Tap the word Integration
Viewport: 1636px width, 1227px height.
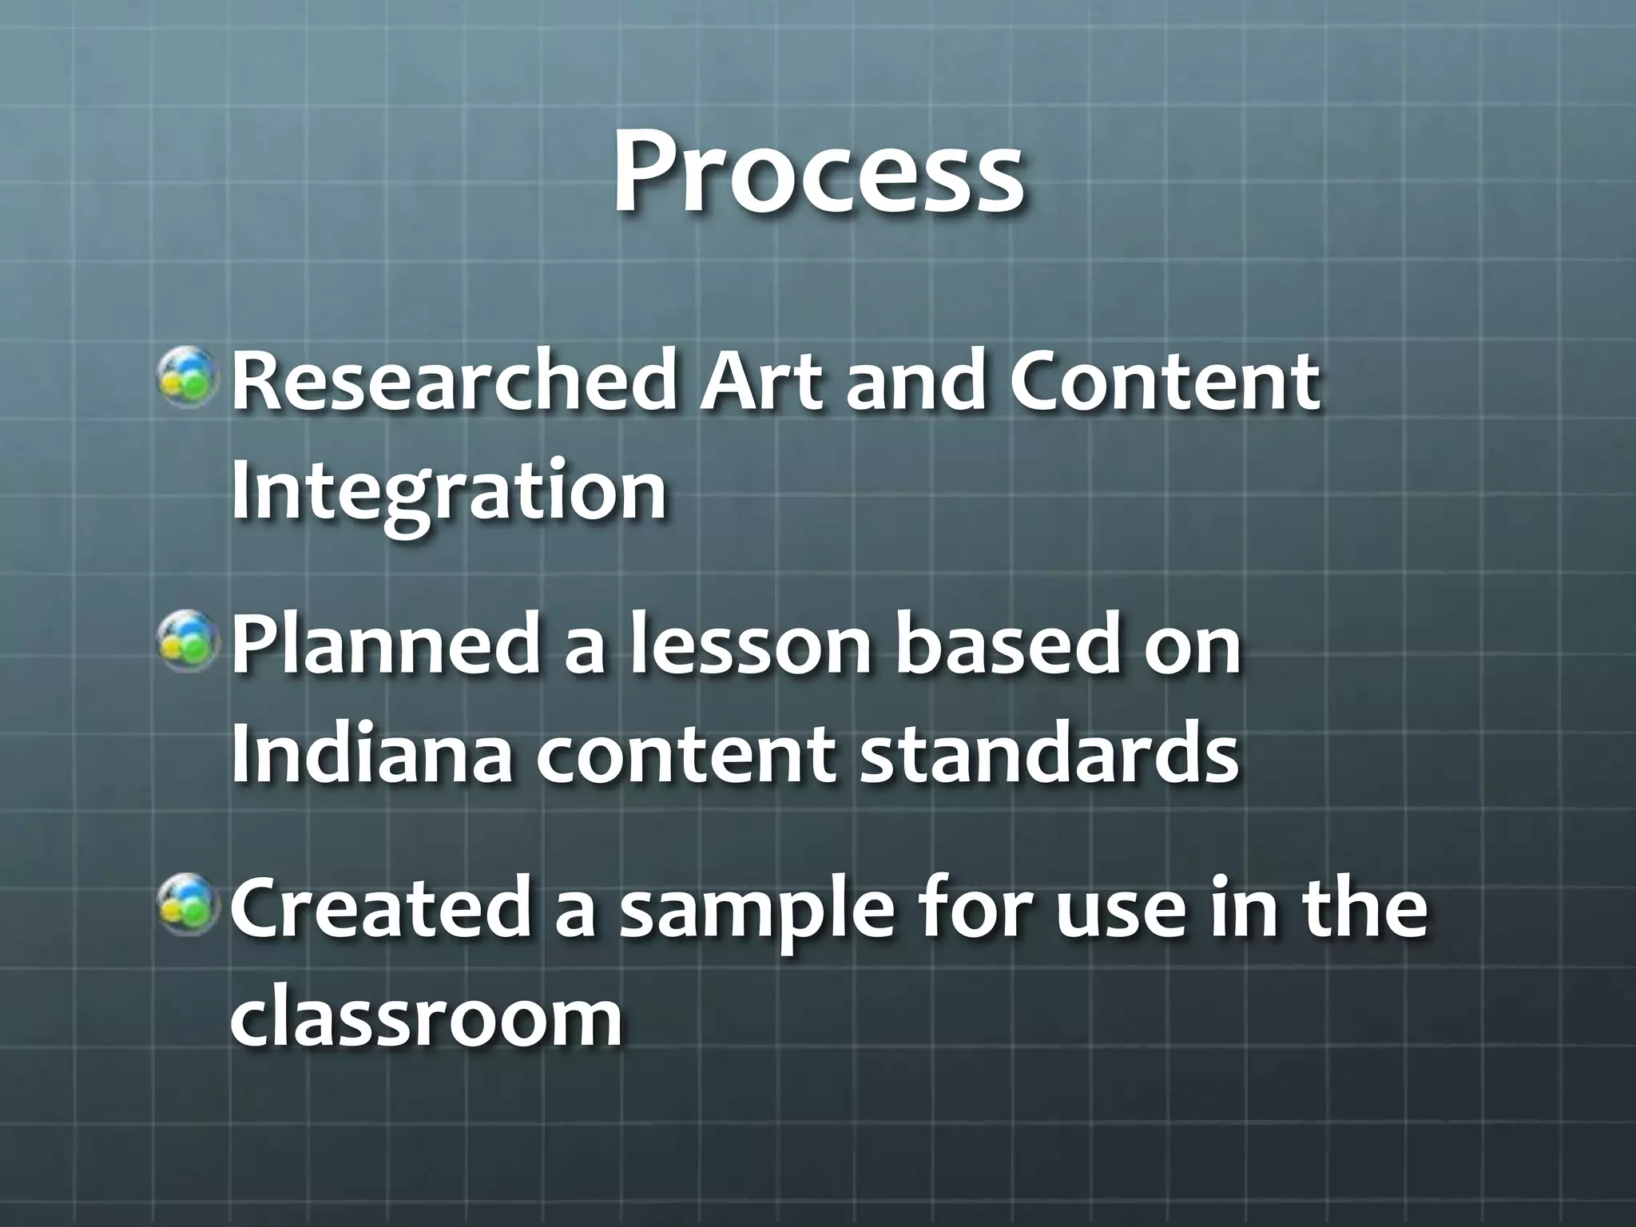click(448, 489)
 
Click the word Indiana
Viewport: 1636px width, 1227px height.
click(371, 754)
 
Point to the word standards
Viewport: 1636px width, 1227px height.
click(1049, 754)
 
